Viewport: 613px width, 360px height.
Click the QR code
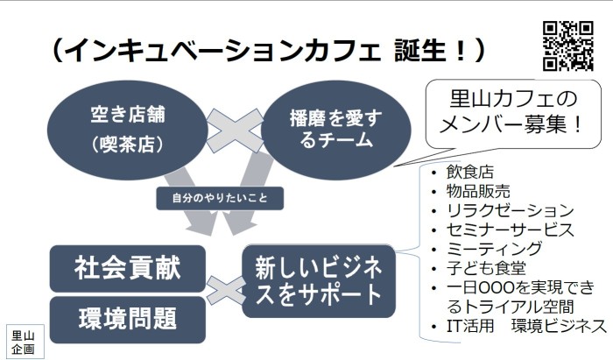tap(568, 46)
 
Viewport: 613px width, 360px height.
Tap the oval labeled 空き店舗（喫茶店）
tap(128, 130)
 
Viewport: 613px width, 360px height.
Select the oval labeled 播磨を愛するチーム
tap(335, 130)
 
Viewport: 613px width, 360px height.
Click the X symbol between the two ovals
tap(235, 131)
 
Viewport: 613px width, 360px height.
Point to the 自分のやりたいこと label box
tap(220, 198)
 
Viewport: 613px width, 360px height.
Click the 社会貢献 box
tap(128, 269)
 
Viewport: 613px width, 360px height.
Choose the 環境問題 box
tap(128, 320)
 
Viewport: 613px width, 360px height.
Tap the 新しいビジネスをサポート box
tap(319, 280)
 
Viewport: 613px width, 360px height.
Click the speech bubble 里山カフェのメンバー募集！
tap(513, 114)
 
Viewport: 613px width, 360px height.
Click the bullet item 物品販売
tap(478, 191)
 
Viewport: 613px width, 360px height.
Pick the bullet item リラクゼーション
tap(511, 210)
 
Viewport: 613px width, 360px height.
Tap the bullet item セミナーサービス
tap(511, 229)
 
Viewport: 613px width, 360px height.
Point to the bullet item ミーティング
tap(494, 249)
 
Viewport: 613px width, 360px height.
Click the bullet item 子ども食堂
tap(486, 268)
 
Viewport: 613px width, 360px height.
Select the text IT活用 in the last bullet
tap(470, 326)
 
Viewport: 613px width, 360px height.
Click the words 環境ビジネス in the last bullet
tap(559, 326)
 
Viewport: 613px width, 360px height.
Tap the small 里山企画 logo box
tap(23, 342)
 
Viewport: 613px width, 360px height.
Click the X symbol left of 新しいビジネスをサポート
tap(226, 291)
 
